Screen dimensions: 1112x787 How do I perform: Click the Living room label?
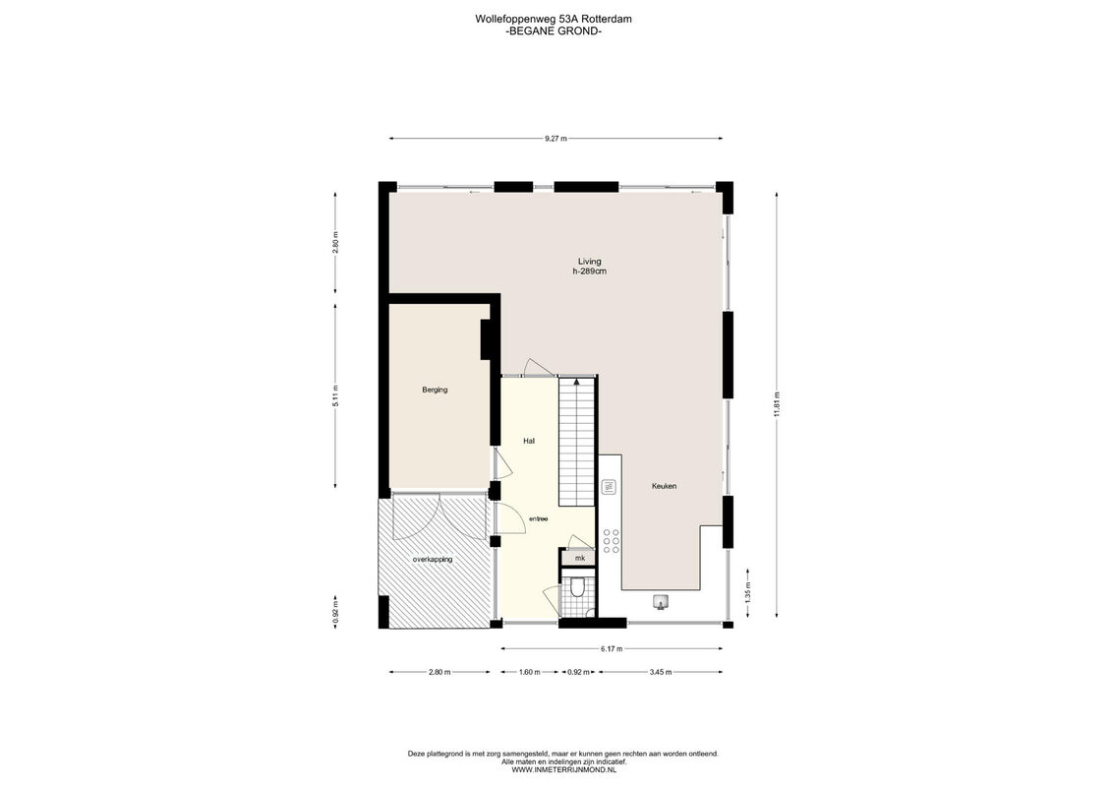click(x=589, y=261)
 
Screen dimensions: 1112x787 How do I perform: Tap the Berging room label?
click(x=435, y=390)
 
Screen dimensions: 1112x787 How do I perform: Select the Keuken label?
click(x=664, y=486)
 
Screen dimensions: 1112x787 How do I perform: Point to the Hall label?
click(x=528, y=441)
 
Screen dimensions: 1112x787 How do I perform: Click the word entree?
click(x=538, y=518)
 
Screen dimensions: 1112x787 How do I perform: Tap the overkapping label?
click(x=433, y=559)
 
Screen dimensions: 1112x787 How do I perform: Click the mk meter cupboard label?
click(x=580, y=559)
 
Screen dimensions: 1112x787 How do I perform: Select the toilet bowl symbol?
click(x=577, y=587)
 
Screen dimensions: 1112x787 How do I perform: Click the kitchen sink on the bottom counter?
click(x=661, y=602)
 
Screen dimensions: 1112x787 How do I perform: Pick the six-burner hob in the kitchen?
click(x=611, y=541)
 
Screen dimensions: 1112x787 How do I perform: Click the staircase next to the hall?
click(x=576, y=442)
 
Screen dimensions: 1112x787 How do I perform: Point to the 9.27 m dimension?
click(x=556, y=139)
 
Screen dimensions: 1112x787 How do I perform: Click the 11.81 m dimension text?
click(x=778, y=406)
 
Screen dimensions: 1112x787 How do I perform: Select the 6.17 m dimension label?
click(x=612, y=648)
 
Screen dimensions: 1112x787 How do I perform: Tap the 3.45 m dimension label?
click(x=661, y=672)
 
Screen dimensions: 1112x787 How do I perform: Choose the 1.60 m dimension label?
click(x=529, y=672)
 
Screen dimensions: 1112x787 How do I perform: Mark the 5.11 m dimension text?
click(x=335, y=395)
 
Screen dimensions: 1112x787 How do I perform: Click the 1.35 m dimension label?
click(x=748, y=592)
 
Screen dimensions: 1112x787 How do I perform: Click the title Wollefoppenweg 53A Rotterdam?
click(x=554, y=19)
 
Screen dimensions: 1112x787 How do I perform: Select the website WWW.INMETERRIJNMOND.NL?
click(x=563, y=768)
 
